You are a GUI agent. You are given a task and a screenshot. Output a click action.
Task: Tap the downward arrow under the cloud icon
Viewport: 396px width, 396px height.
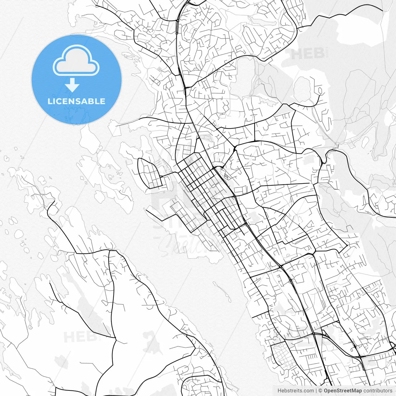pos(72,85)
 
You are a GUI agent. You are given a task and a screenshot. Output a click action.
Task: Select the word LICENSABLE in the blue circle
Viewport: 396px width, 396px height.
pos(76,101)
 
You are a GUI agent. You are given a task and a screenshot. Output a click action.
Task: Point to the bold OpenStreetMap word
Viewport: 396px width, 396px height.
pos(343,391)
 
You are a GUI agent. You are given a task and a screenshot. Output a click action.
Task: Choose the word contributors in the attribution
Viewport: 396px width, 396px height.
pos(378,391)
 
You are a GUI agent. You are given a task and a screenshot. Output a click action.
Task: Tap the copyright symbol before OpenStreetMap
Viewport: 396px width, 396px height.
pos(321,391)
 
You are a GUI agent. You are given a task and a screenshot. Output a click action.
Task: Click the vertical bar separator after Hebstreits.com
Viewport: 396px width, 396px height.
pos(316,391)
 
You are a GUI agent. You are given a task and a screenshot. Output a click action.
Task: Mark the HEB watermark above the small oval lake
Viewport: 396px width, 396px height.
pos(307,54)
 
